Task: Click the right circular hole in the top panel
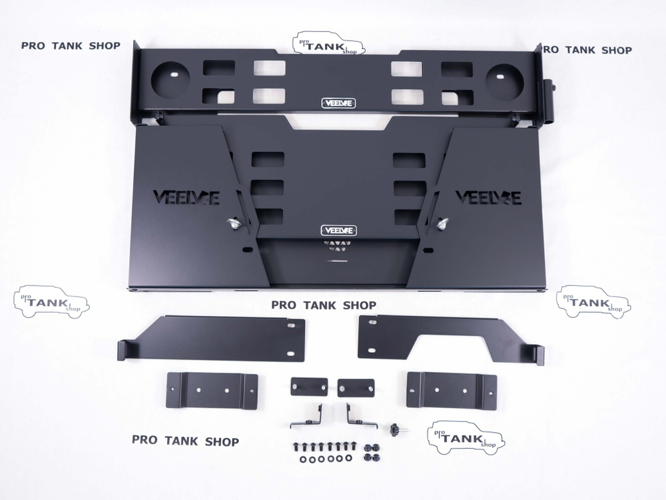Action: [503, 81]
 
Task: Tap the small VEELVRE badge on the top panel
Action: [338, 103]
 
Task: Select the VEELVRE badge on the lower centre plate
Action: [338, 231]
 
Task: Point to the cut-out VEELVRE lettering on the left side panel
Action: [186, 198]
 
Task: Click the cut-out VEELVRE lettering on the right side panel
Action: [488, 198]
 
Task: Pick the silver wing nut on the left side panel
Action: [232, 223]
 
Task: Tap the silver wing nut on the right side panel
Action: [442, 223]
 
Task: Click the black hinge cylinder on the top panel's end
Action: [548, 101]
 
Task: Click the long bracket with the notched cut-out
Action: [451, 339]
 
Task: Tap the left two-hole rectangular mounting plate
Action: [212, 391]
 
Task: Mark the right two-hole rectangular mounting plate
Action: [452, 390]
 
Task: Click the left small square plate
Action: [309, 387]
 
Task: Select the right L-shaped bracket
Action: [362, 416]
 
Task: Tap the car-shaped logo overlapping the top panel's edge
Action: [328, 43]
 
